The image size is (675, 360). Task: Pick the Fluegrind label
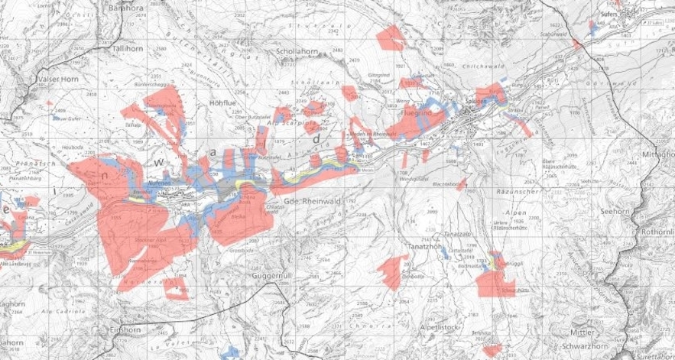[x=417, y=114]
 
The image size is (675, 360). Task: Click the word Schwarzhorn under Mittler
[x=595, y=345]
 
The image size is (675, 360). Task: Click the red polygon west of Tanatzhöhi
[x=391, y=272]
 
